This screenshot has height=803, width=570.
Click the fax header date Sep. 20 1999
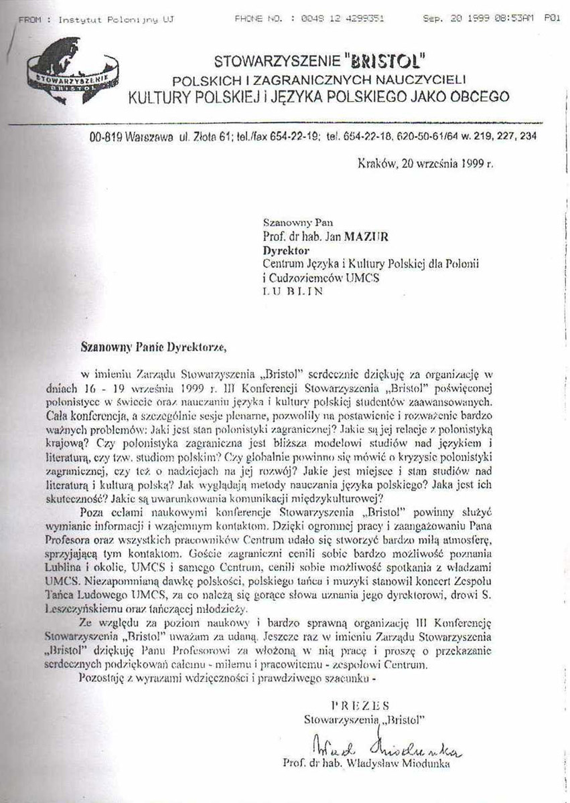455,19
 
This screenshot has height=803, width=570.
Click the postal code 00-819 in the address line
105,137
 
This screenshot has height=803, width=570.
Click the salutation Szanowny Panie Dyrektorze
149,347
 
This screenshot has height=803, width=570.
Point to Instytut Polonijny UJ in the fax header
115,20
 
